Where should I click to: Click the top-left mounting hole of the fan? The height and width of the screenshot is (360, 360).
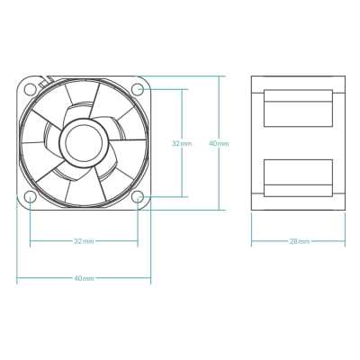pos(30,89)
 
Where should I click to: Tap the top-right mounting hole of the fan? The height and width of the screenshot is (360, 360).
pos(138,89)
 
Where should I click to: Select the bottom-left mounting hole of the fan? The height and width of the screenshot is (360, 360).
pos(30,196)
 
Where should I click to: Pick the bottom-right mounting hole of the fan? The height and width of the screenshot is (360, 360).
pos(138,196)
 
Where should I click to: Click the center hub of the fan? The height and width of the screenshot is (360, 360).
pos(84,142)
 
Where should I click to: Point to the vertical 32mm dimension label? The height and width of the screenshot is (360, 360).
pos(182,143)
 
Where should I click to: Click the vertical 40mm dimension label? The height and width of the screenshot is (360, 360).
pos(219,143)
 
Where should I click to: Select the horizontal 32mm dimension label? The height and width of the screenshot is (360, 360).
pos(84,241)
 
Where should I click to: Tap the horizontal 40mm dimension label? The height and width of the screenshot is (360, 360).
pos(84,278)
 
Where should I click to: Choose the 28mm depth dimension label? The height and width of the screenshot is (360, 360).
pos(300,241)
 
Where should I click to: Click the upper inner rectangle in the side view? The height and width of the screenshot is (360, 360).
pos(299,108)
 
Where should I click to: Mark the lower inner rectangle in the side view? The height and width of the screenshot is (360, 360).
pos(299,177)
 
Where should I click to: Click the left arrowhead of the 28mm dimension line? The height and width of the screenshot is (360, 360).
pos(253,241)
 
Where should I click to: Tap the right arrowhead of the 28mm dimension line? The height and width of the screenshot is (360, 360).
pos(346,241)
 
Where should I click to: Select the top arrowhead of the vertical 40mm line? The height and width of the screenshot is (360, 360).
pos(219,78)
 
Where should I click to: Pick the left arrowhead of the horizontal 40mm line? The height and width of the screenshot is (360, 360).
pos(19,278)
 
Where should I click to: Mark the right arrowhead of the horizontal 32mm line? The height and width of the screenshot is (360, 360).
pos(136,241)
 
